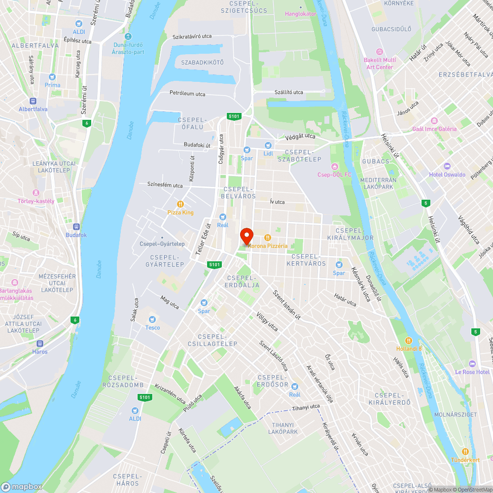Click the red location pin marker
[x=246, y=235]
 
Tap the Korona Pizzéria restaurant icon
[x=268, y=238]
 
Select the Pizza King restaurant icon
[x=180, y=204]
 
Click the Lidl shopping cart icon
[x=268, y=145]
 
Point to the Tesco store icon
[x=152, y=319]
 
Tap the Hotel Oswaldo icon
[x=447, y=166]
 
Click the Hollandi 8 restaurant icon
[x=409, y=341]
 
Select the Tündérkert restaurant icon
[x=465, y=452]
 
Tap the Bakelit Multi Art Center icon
[x=379, y=52]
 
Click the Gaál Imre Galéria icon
[x=434, y=121]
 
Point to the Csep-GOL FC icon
[x=335, y=166]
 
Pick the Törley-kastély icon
[x=35, y=193]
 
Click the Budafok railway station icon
[x=76, y=227]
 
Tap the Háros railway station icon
[x=40, y=344]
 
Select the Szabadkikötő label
[x=202, y=63]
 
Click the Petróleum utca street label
[x=187, y=93]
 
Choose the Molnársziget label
[x=455, y=415]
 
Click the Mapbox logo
[x=22, y=487]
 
